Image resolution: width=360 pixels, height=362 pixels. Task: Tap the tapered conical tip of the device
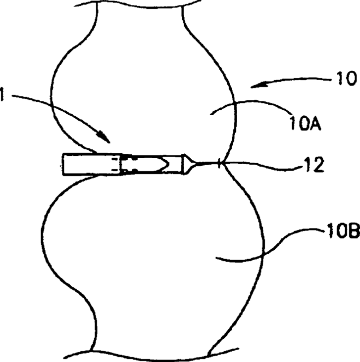pyautogui.click(x=189, y=164)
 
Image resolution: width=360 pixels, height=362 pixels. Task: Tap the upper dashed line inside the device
pyautogui.click(x=115, y=158)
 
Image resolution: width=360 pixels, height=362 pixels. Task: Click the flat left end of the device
pyautogui.click(x=63, y=165)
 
